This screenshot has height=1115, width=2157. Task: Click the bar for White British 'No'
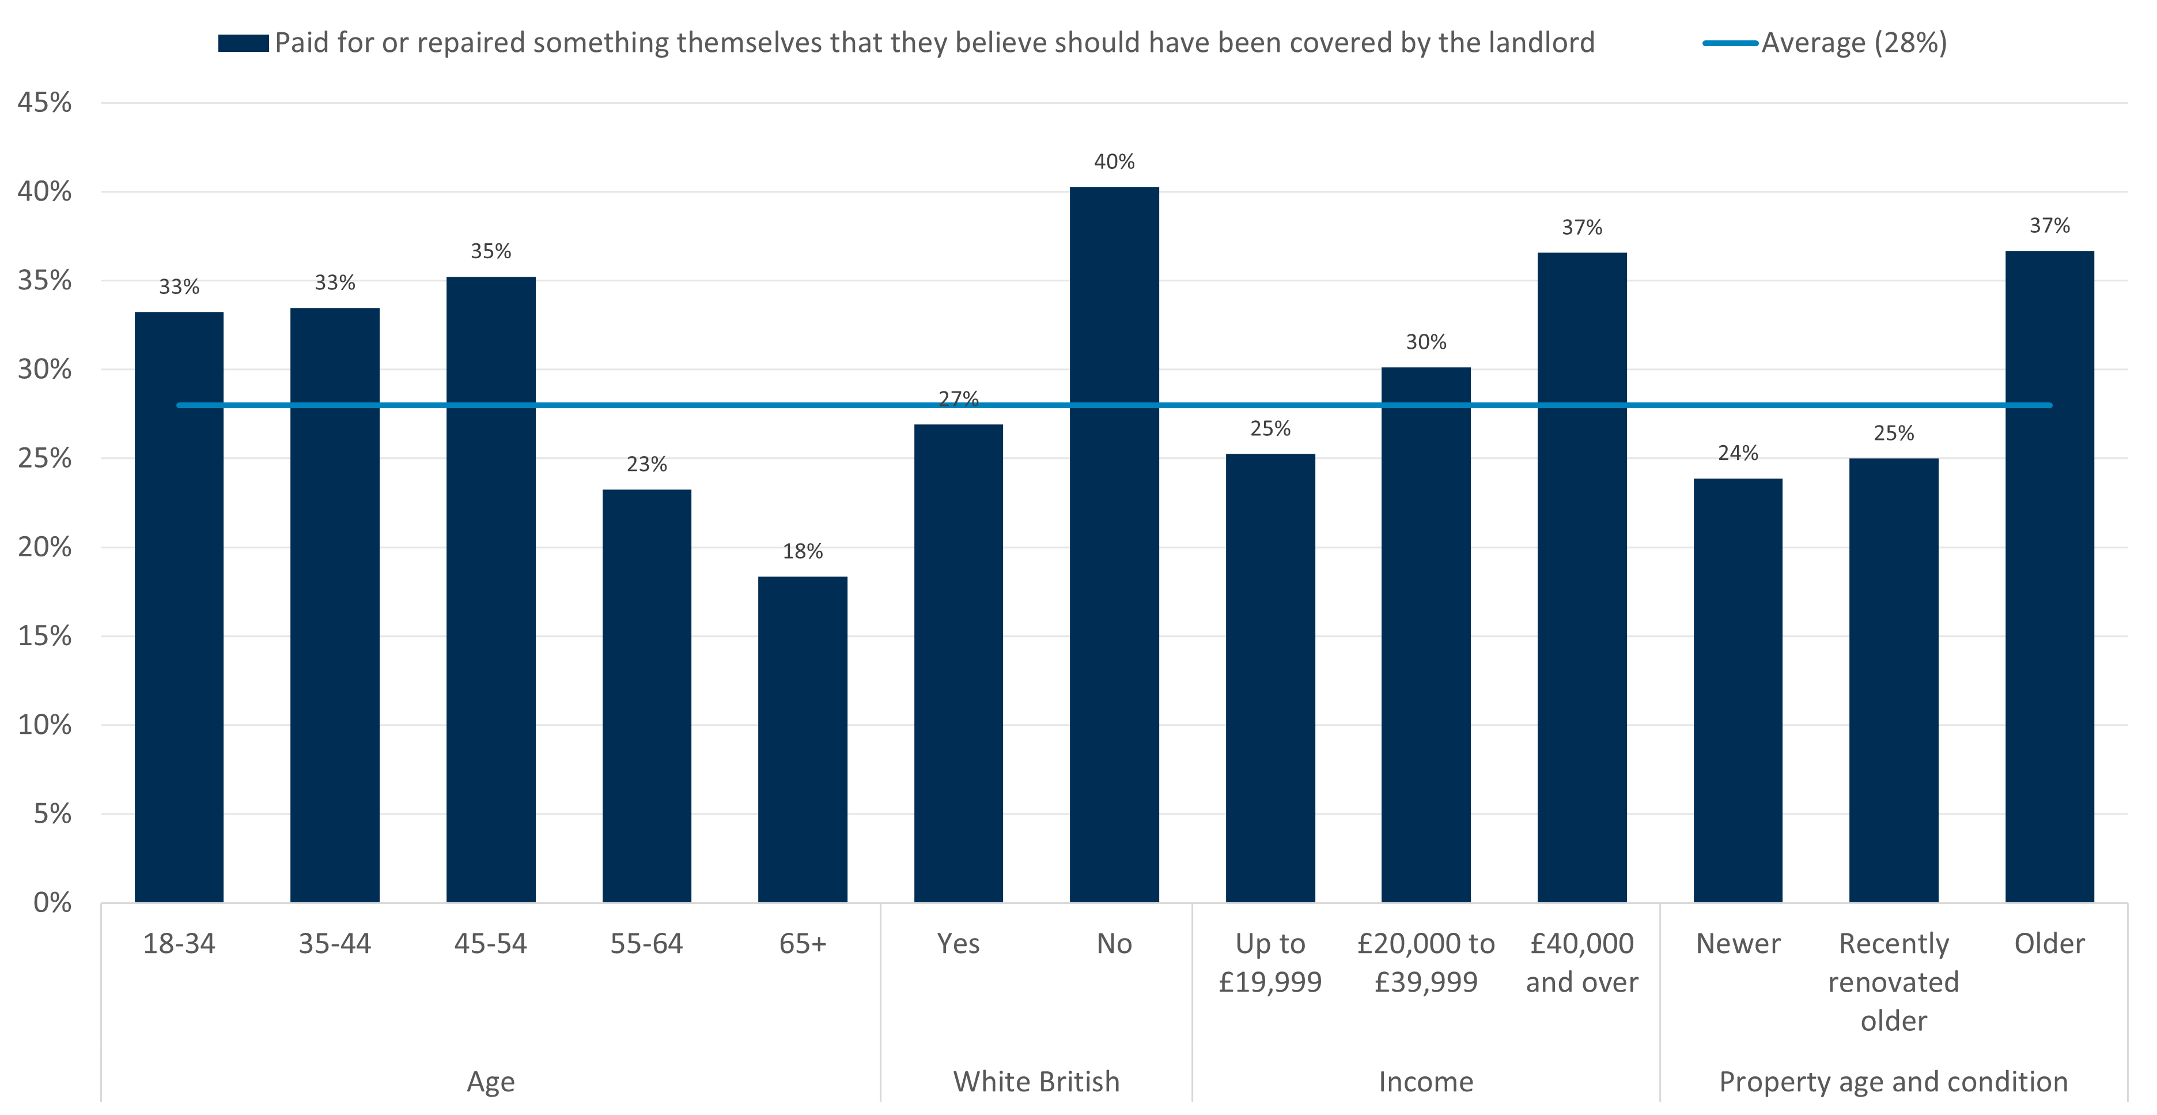(1114, 544)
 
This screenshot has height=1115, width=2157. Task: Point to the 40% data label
(1114, 161)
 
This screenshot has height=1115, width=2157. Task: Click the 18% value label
(802, 551)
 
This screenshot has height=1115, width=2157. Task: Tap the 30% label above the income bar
(1425, 342)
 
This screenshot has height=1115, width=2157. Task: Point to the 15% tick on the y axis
(44, 636)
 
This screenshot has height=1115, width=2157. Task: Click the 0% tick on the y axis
(52, 902)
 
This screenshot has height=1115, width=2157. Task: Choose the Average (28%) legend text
(1854, 43)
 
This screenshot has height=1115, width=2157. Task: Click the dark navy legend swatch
(243, 43)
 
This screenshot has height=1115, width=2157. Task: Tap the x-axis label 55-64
(646, 944)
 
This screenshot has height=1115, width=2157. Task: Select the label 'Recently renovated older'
(1893, 982)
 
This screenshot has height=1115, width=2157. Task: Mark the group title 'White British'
(1036, 1082)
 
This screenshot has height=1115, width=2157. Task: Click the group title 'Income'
(1425, 1082)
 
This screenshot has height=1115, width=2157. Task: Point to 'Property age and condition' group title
(1893, 1082)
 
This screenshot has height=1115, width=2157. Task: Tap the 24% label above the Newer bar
(1738, 453)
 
